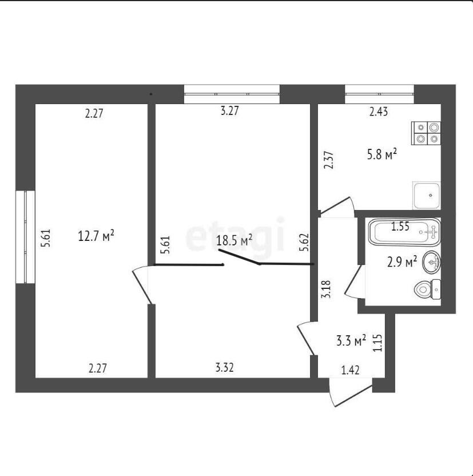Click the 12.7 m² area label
coord(96,236)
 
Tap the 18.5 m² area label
coord(234,240)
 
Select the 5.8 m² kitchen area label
coord(382,155)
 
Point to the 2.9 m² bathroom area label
coord(402,261)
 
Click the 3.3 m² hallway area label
coord(351,340)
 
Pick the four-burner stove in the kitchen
coord(426,133)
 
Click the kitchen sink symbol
coord(426,195)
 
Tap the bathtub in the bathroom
coord(404,232)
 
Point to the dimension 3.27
coord(230,110)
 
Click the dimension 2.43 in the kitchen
coord(378,112)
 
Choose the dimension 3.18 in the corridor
coord(327,289)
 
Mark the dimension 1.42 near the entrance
coord(351,370)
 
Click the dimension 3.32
coord(225,368)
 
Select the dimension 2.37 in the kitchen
coord(328,160)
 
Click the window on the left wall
coord(26,237)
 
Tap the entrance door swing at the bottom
coord(351,391)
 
